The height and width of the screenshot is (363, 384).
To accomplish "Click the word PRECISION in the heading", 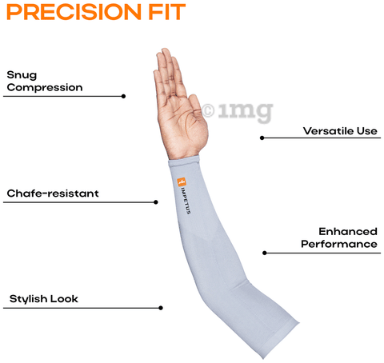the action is point(74,12).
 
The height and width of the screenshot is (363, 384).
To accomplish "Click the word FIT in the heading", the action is point(167,12).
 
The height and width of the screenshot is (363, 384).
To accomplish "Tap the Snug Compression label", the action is point(45,82).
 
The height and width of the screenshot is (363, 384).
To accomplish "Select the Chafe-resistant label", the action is point(53,193).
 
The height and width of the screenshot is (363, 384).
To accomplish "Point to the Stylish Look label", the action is point(44,299).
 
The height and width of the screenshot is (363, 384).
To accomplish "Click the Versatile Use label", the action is point(340,131).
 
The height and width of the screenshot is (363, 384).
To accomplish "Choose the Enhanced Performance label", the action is point(339,237).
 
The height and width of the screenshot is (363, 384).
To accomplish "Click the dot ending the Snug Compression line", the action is point(123,96).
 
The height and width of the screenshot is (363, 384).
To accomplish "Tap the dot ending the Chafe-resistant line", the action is point(156,202).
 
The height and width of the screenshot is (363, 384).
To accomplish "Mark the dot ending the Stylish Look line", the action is point(161,308).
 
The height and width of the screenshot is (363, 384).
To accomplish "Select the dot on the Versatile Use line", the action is point(262,138).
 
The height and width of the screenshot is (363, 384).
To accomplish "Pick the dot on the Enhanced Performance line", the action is point(265,253).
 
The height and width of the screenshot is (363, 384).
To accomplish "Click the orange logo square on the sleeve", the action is point(182,182).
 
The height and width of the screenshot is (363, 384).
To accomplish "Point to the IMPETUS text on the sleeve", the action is point(186,201).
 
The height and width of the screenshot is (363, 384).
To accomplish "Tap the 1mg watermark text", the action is point(246,112).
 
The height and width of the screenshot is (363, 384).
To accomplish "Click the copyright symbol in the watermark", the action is point(208,110).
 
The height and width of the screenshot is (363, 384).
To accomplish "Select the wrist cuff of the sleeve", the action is point(184,161).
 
